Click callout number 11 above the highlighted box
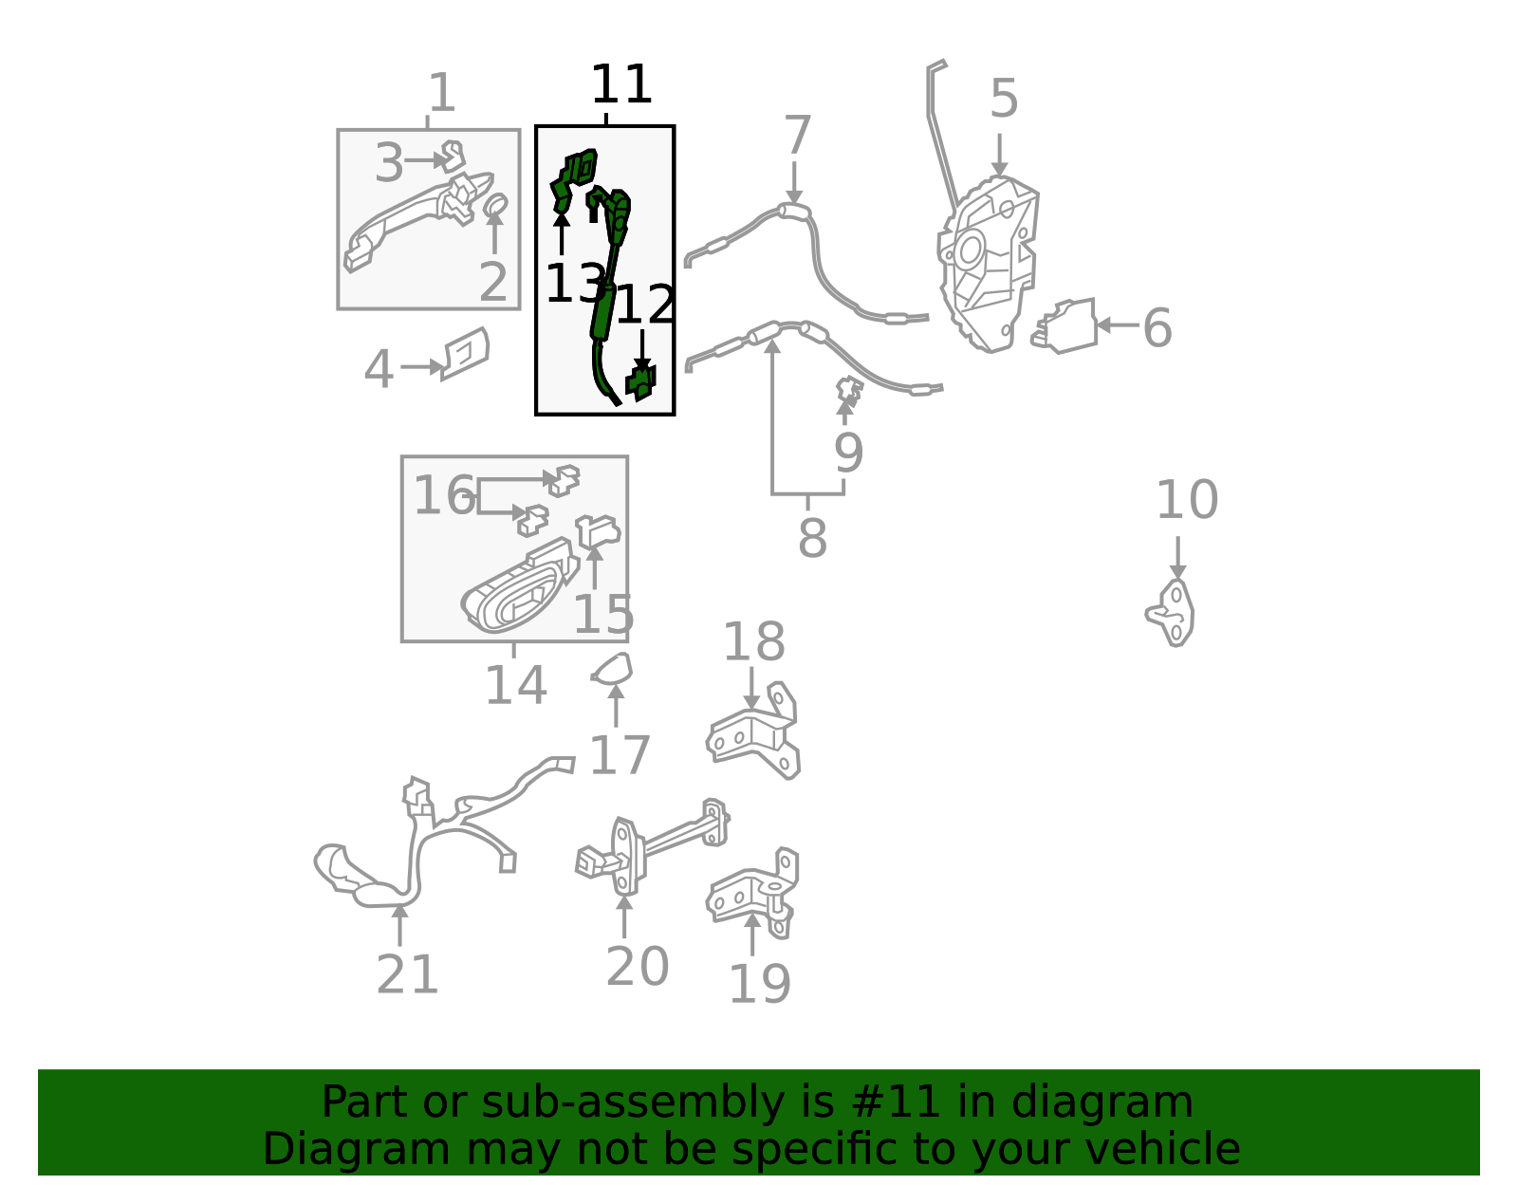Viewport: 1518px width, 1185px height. pyautogui.click(x=621, y=85)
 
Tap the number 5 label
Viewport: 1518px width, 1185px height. pyautogui.click(x=1004, y=100)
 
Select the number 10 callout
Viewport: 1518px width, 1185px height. pyautogui.click(x=1186, y=500)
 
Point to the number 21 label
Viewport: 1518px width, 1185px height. pyautogui.click(x=407, y=975)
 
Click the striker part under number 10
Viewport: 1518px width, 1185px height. pyautogui.click(x=1173, y=613)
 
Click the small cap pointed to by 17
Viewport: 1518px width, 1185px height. pyautogui.click(x=614, y=670)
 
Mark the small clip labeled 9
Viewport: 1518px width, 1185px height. pyautogui.click(x=848, y=388)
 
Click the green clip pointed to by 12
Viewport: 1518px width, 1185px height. pyautogui.click(x=641, y=382)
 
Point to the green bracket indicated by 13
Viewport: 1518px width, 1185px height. pyautogui.click(x=573, y=178)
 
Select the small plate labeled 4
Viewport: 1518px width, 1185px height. pyautogui.click(x=464, y=353)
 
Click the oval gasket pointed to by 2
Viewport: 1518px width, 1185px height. pyautogui.click(x=495, y=204)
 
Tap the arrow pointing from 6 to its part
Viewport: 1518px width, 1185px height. pyautogui.click(x=1117, y=324)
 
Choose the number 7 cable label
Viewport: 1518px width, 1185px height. pyautogui.click(x=797, y=136)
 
